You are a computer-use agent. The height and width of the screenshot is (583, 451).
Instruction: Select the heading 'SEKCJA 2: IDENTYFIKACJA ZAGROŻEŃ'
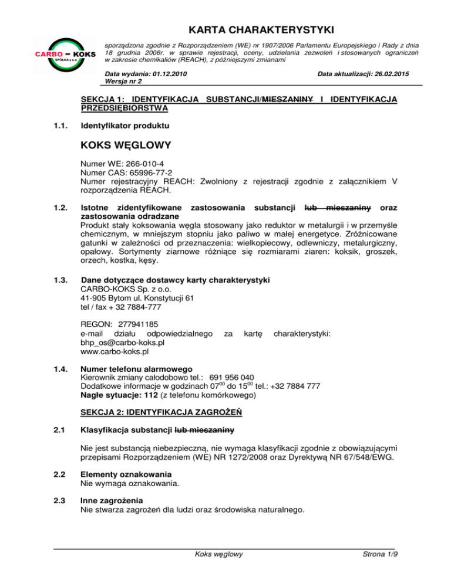(161, 412)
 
